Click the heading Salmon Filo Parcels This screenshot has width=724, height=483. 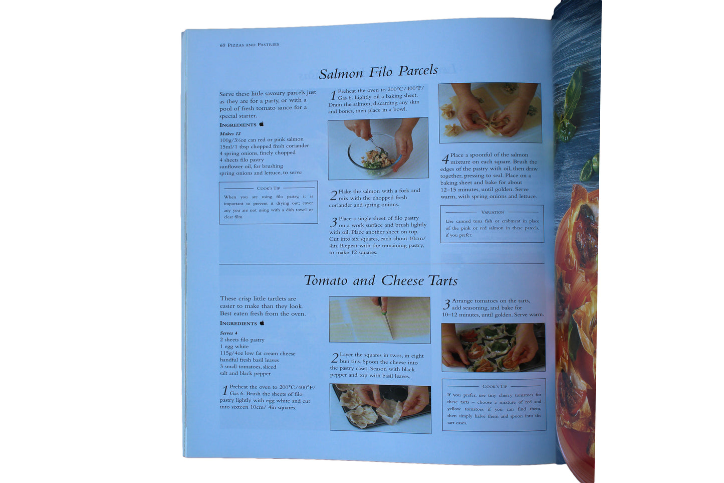(x=378, y=72)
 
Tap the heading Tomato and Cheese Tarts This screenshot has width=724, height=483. (x=381, y=280)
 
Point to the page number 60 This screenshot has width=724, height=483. (x=222, y=45)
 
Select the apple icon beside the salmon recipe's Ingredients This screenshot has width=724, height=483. (x=262, y=124)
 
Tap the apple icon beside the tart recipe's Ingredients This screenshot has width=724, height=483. (x=262, y=323)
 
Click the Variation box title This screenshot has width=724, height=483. (x=493, y=212)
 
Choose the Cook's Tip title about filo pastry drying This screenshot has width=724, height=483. (x=268, y=188)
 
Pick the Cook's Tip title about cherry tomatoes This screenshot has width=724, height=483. (x=495, y=386)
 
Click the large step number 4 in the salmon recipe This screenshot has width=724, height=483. (x=445, y=159)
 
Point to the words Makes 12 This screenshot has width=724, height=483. (x=230, y=133)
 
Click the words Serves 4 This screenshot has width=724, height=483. (x=228, y=333)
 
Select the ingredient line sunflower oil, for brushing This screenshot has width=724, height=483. (x=251, y=167)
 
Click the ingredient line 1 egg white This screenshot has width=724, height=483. (x=234, y=347)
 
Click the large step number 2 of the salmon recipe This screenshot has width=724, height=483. (x=334, y=196)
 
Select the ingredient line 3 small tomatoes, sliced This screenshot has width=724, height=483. (x=248, y=367)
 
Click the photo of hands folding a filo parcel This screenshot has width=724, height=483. (x=490, y=113)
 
